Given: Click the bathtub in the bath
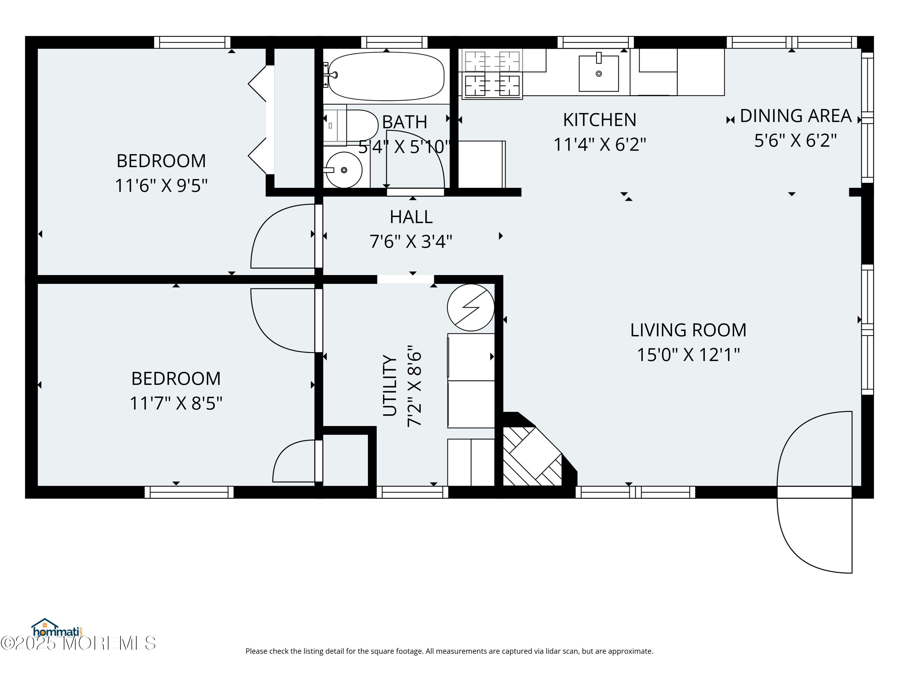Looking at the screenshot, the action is (386, 76).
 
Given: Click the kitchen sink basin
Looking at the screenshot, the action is (599, 73).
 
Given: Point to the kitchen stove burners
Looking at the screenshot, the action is (492, 74).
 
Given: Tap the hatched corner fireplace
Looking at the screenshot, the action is (533, 456).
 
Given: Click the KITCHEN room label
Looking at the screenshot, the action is (599, 120).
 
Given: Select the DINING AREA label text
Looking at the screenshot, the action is (795, 116).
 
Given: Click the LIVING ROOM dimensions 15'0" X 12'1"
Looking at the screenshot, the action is (688, 355).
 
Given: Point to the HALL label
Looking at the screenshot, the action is (411, 217).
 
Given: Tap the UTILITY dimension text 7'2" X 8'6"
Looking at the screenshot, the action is (414, 386).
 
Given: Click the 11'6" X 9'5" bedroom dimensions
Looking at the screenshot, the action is (161, 186).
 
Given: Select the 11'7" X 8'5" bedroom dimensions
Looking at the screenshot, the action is (176, 404).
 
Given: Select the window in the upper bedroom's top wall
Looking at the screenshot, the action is (192, 42).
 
